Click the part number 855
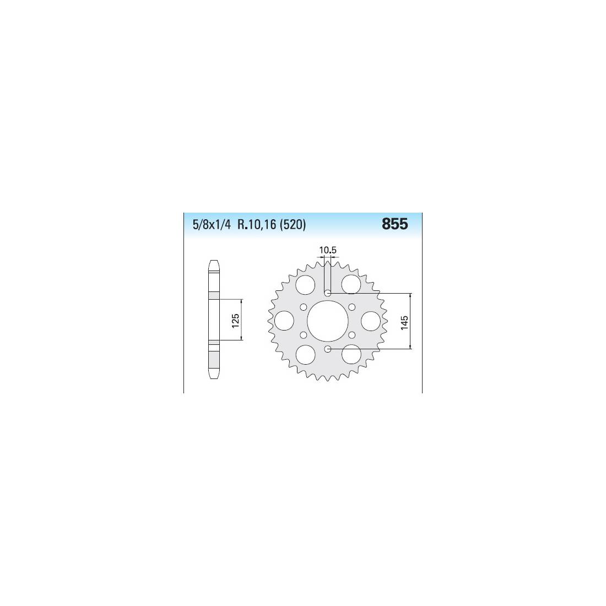point(394,224)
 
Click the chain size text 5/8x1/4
point(212,225)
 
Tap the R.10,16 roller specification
point(257,225)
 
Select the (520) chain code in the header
point(293,225)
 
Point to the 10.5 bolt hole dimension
point(328,250)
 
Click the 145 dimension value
point(405,323)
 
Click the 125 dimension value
point(235,321)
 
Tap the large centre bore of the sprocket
point(327,321)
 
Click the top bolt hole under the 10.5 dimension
point(327,293)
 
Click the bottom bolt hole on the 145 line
point(327,349)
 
